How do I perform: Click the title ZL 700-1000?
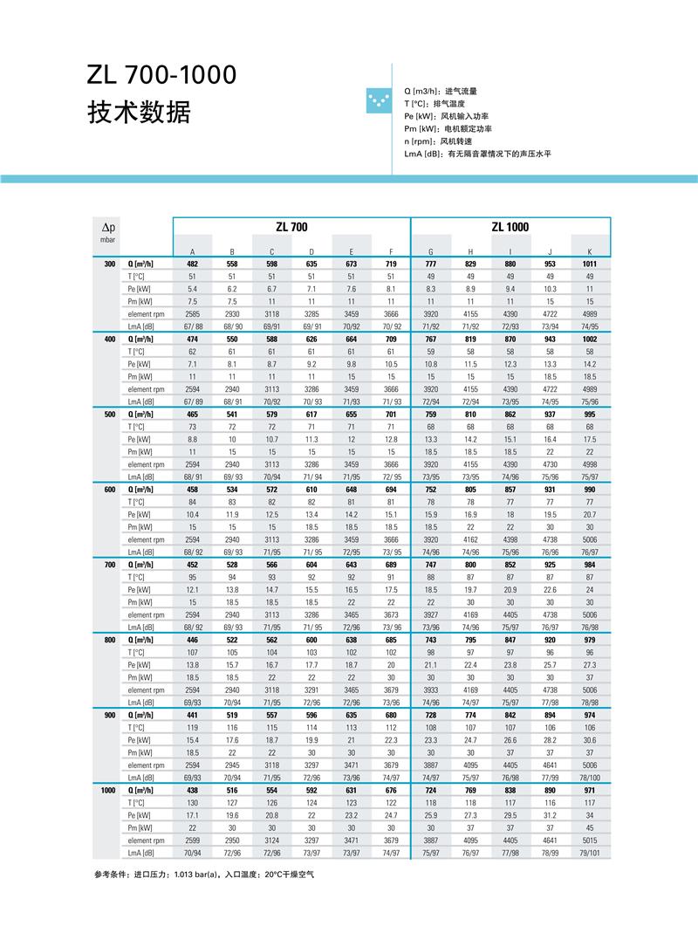point(161,75)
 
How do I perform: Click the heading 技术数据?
point(139,112)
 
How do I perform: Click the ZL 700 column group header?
point(291,227)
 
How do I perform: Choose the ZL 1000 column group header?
point(510,227)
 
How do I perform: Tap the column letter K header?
point(590,251)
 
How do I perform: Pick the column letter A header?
point(193,251)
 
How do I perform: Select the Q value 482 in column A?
point(193,264)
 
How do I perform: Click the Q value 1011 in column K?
point(590,264)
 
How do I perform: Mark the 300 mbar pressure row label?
point(109,264)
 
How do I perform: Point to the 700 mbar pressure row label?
point(109,565)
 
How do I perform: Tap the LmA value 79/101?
point(590,853)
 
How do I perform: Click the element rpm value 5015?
point(590,841)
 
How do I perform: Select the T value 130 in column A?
point(193,803)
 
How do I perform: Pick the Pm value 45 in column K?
point(590,828)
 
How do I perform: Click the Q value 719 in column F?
point(391,264)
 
